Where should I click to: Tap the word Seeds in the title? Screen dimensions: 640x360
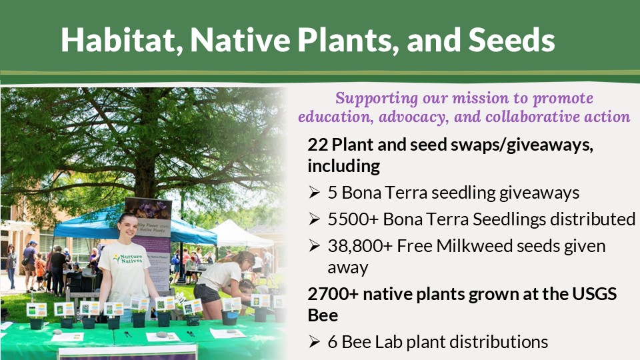[511, 40]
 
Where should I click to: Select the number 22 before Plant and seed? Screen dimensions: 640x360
[317, 145]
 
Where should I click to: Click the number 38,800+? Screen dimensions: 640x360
[360, 247]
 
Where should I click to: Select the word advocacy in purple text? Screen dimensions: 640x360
[413, 117]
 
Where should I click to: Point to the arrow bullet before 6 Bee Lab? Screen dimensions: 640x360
[314, 341]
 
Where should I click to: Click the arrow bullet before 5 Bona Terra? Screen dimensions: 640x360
[314, 192]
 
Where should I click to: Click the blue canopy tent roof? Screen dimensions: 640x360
[135, 227]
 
